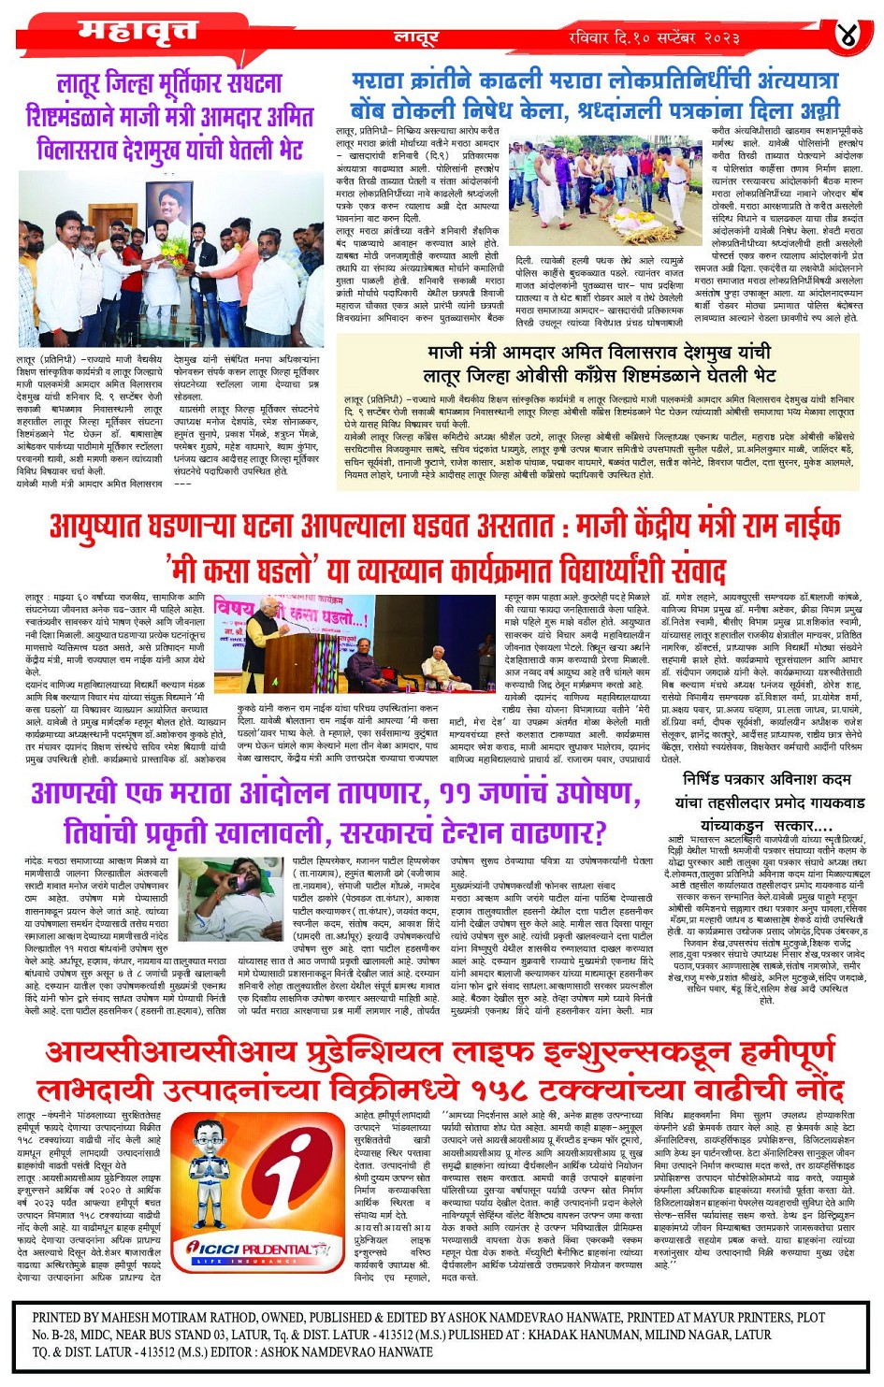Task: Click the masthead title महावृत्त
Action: point(138,33)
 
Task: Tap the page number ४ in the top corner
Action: point(847,36)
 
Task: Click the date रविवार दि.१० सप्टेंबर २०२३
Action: point(654,38)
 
